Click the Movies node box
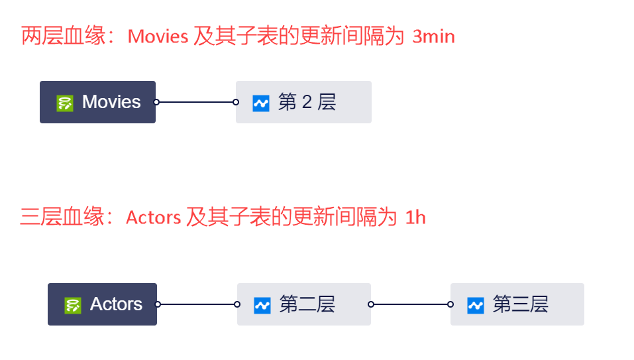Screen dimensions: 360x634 click(x=97, y=102)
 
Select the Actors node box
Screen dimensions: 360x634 click(x=102, y=304)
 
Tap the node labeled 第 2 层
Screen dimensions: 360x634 click(x=303, y=102)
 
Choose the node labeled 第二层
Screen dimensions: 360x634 click(x=304, y=304)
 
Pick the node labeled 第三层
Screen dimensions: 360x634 click(x=517, y=304)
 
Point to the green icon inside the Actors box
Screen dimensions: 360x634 click(x=73, y=305)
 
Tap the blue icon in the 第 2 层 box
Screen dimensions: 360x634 click(x=261, y=103)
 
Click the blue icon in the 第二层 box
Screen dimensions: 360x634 click(x=262, y=305)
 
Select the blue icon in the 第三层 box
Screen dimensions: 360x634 click(x=476, y=305)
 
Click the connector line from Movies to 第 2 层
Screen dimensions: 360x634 click(x=196, y=102)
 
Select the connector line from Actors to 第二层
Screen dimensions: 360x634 click(x=197, y=304)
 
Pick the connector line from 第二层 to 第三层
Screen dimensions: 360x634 click(x=411, y=304)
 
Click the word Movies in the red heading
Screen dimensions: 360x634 click(x=158, y=36)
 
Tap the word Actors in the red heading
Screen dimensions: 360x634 click(x=153, y=217)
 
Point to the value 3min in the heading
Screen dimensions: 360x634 click(x=433, y=36)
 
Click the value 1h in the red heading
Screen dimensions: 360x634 click(x=415, y=217)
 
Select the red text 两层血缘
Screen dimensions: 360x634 click(x=64, y=36)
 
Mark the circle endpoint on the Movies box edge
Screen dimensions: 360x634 click(x=156, y=102)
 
